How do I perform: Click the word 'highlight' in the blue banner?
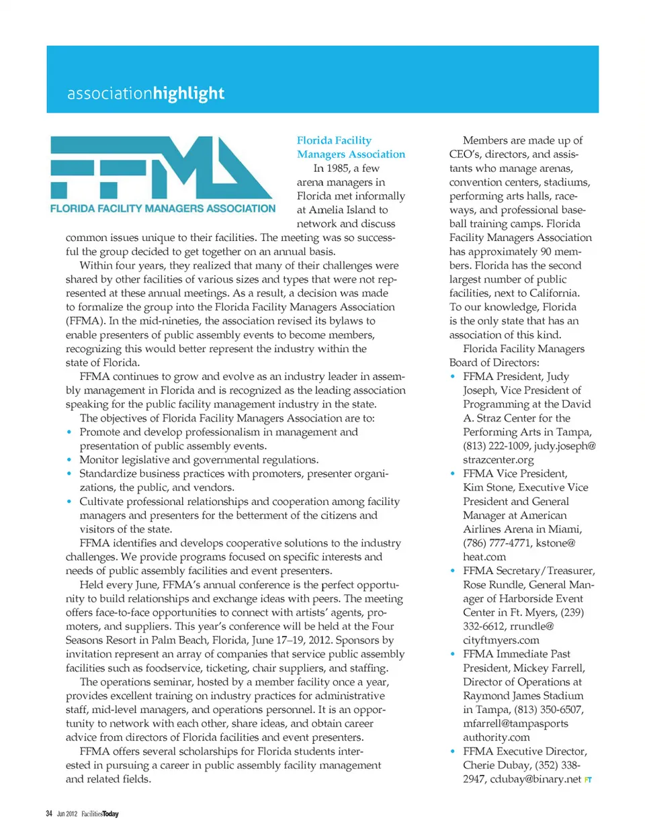[x=188, y=93]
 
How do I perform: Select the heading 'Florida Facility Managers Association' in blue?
[x=351, y=147]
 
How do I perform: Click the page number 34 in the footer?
[x=49, y=814]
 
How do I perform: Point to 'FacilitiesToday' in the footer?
[x=99, y=814]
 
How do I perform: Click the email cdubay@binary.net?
[x=535, y=780]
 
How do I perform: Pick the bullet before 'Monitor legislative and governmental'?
[x=69, y=460]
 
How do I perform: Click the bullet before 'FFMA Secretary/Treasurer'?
[x=453, y=571]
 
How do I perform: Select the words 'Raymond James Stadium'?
[x=523, y=696]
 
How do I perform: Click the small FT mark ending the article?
[x=588, y=780]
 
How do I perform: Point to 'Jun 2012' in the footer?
[x=67, y=814]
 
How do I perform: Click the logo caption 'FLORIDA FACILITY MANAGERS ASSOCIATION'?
[x=163, y=209]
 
